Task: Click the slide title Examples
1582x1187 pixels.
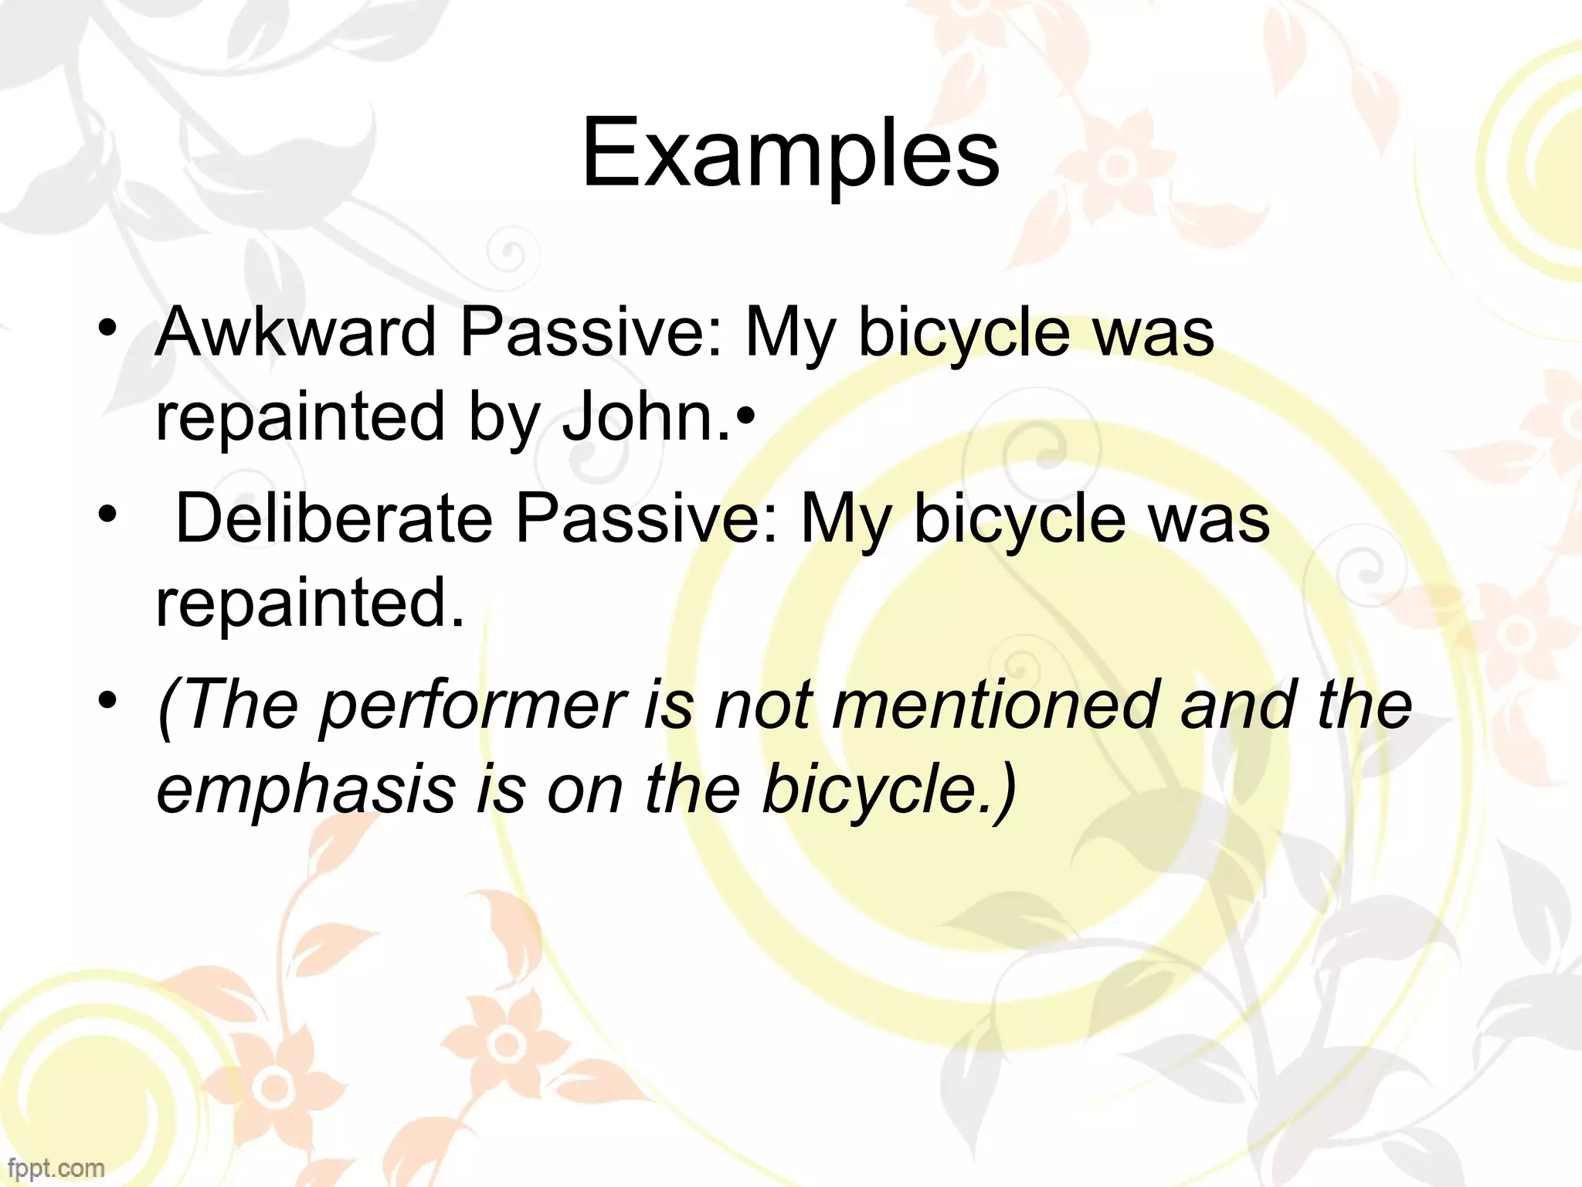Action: (789, 155)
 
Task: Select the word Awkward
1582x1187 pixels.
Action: (296, 332)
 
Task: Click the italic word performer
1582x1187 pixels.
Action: (472, 705)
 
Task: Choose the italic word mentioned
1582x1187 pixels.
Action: (996, 705)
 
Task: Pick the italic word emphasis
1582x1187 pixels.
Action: (306, 790)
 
